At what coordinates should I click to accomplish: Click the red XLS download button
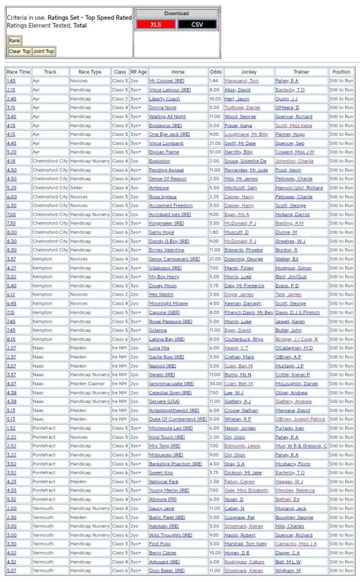point(155,24)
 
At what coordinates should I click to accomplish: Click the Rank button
point(14,40)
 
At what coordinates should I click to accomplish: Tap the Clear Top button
point(19,51)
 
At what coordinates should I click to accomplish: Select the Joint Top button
point(43,51)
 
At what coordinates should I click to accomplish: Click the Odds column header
point(216,72)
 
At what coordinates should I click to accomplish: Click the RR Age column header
point(138,72)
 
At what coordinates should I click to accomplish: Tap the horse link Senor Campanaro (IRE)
point(174,259)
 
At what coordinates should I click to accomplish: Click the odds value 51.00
point(214,152)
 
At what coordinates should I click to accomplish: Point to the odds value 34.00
point(214,383)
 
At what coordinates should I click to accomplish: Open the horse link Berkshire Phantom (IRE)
point(175,463)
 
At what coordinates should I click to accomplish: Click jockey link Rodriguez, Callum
point(245,561)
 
